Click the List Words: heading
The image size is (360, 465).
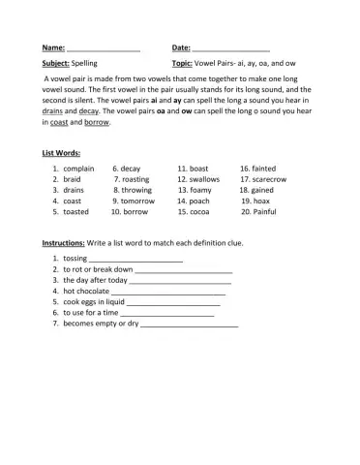[x=62, y=154]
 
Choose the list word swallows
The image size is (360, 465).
[x=204, y=179]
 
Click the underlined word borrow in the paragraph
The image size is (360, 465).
[x=97, y=123]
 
